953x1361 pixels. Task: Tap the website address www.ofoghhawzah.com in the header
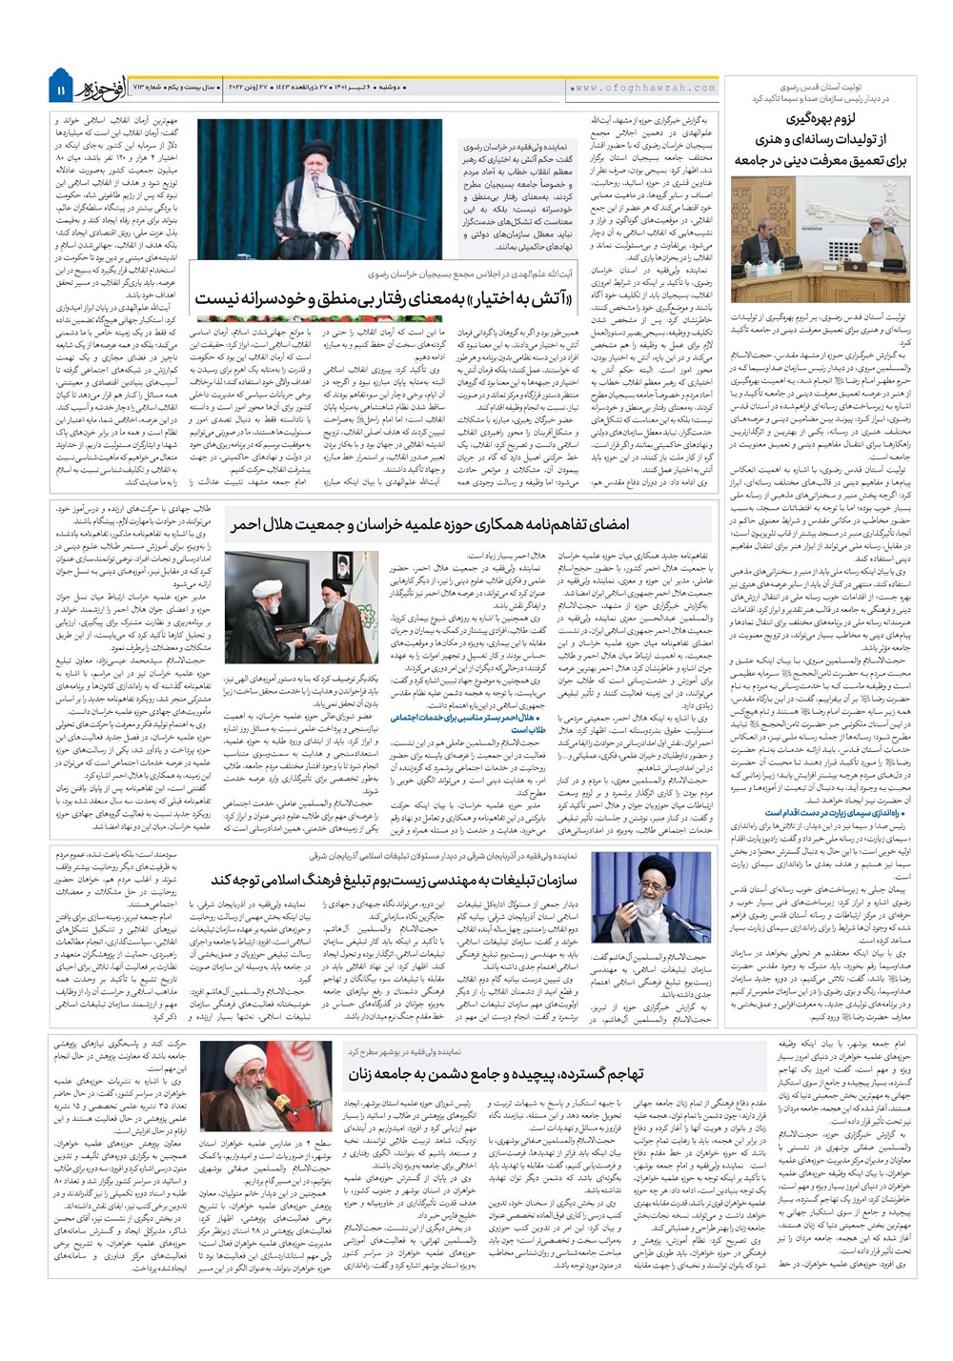pos(644,89)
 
